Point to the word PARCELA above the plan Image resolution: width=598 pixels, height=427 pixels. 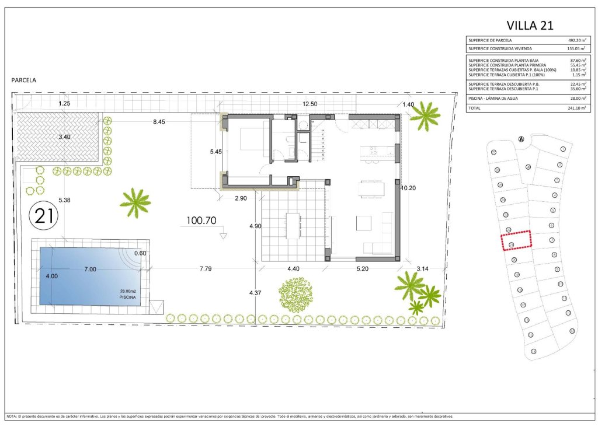[23, 80]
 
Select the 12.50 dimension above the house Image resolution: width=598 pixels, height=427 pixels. [310, 104]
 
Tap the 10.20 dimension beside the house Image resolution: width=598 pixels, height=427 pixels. [409, 188]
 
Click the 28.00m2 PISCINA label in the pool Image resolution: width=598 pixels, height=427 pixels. [127, 294]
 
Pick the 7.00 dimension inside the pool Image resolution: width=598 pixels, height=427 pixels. [89, 269]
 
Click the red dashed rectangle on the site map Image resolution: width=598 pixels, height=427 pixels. [516, 240]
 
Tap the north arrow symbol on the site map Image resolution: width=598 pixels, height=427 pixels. [520, 139]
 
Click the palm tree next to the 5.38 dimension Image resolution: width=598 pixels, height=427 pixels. [135, 202]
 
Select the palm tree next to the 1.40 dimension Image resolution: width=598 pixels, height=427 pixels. [425, 116]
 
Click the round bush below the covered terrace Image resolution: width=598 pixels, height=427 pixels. [295, 295]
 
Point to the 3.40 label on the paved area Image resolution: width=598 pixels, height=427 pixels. [64, 137]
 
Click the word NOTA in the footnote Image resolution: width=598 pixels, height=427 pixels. [12, 416]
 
